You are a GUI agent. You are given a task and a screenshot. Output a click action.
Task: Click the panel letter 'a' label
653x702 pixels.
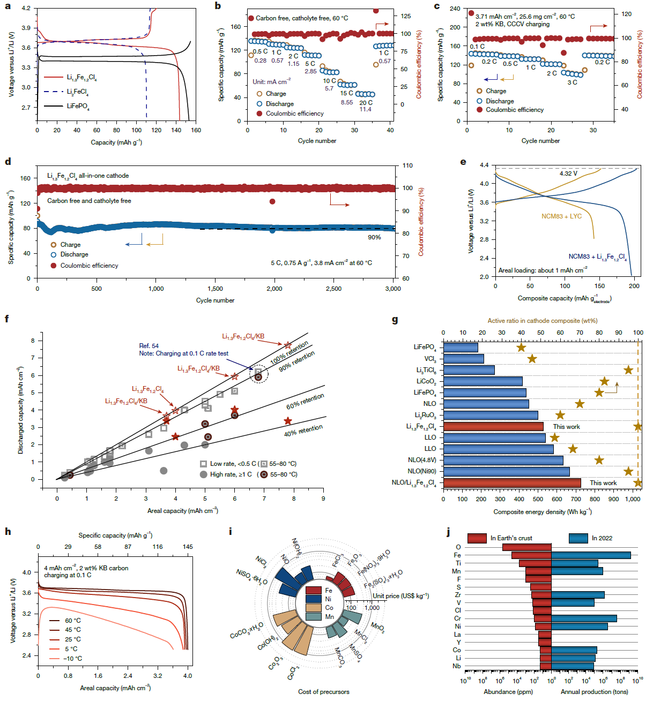(8, 6)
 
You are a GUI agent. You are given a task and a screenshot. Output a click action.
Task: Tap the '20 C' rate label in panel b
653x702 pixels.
(366, 102)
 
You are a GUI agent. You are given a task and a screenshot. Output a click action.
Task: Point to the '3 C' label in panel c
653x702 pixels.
(572, 82)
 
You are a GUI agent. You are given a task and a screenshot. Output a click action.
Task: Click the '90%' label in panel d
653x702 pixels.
(374, 237)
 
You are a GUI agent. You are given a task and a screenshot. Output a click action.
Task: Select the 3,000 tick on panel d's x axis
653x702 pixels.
(393, 289)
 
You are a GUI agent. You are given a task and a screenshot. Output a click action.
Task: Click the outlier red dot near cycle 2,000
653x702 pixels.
(272, 201)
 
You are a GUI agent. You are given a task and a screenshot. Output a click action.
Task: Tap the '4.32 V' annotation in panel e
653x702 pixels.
(568, 173)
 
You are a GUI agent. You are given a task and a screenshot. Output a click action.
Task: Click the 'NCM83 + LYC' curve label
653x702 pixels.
(561, 216)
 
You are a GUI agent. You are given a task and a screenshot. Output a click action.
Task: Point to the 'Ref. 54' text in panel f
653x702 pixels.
(149, 346)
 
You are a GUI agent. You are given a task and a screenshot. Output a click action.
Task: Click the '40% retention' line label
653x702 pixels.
(303, 431)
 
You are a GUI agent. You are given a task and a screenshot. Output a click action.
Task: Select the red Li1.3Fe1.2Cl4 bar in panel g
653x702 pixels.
(493, 427)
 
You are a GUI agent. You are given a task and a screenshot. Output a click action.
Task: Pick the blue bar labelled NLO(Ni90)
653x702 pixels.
(506, 472)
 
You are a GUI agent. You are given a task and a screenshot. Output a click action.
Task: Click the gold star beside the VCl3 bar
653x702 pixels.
(532, 359)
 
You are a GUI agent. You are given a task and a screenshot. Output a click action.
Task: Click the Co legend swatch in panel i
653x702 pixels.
(314, 608)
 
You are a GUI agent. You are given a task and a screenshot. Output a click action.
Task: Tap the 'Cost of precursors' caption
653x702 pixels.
(323, 692)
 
